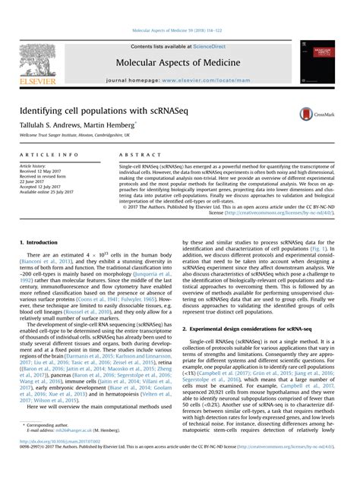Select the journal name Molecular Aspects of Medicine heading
pos(179,63)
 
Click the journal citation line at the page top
pos(180,30)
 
